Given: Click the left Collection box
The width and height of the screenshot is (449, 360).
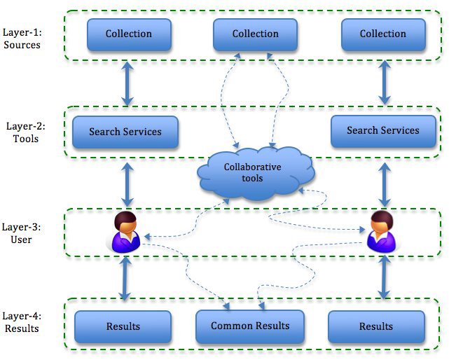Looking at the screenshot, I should tap(129, 34).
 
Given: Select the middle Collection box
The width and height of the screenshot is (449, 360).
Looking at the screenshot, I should tap(254, 34).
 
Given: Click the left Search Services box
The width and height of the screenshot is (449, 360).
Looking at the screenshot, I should tap(125, 132).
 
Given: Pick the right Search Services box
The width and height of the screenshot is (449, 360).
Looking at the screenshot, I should tap(383, 130).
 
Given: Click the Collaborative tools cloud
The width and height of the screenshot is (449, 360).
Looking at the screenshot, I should tap(252, 173).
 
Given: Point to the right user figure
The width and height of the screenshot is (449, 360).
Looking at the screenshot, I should tap(382, 230).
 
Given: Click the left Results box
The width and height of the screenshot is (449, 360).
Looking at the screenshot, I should tap(123, 326).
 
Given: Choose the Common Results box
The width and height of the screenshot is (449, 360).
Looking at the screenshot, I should tap(250, 326).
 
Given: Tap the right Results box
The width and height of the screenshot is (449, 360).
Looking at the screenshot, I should tap(376, 326).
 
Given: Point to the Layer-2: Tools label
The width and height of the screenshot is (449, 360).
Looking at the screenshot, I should tap(26, 132).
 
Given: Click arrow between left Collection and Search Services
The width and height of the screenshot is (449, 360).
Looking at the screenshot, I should tap(127, 83).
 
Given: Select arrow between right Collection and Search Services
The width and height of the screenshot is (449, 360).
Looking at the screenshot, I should tap(384, 83).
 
